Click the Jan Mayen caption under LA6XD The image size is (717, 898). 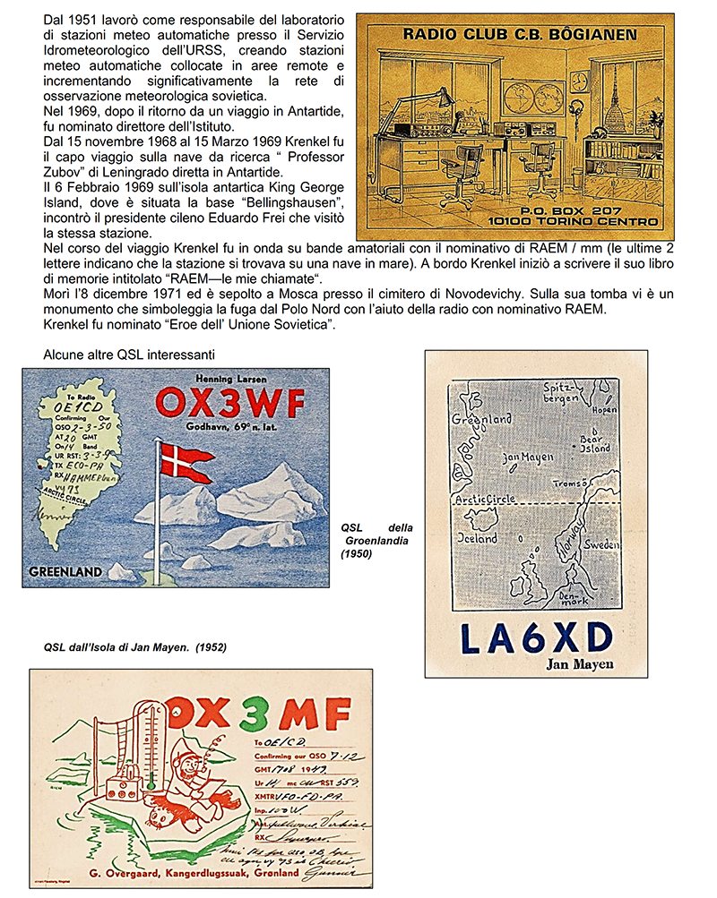click(x=579, y=664)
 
